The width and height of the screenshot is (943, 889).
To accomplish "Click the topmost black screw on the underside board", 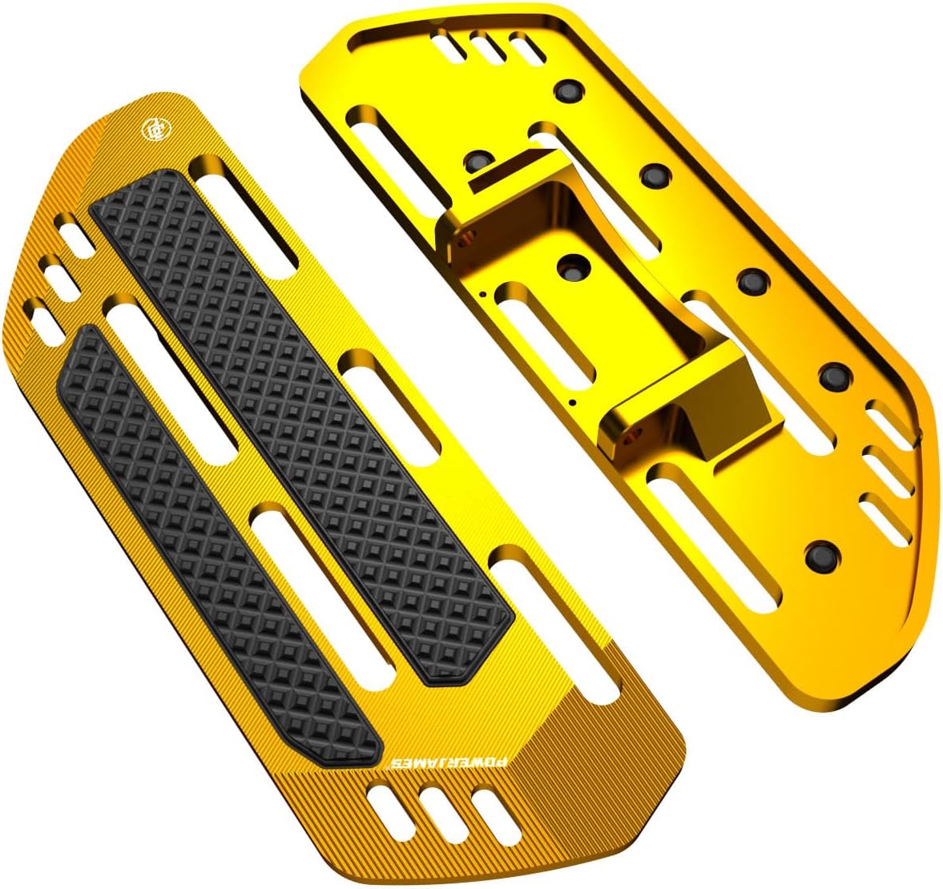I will [x=570, y=89].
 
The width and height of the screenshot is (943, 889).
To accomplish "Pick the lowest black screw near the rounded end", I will [x=818, y=553].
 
